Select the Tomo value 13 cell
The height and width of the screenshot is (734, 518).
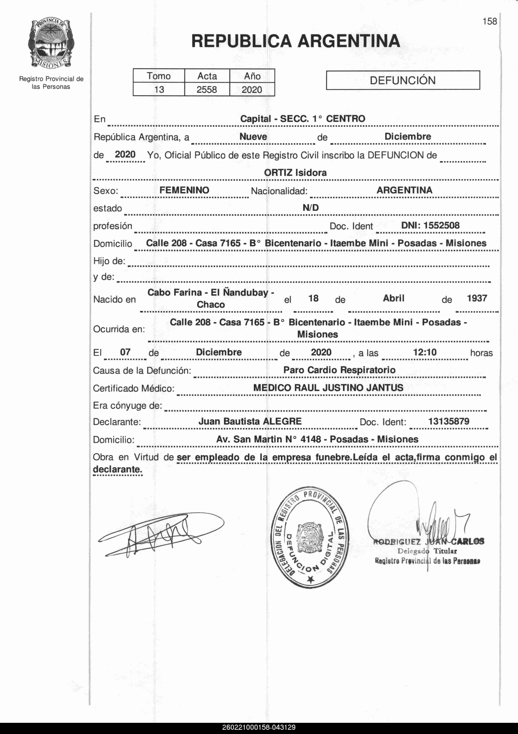pos(159,89)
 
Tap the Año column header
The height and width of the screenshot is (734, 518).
pos(252,76)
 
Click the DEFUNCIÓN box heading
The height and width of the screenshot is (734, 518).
pos(402,80)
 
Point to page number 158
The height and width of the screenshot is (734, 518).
pos(490,21)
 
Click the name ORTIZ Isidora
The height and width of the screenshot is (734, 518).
pos(295,173)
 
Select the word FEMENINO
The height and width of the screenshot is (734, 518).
pos(184,190)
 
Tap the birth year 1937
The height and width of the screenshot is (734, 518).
pos(477,298)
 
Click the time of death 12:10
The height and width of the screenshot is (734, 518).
pos(425,352)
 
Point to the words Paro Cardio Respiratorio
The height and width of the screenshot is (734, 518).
pos(339,370)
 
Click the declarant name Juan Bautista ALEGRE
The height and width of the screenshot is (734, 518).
pos(250,421)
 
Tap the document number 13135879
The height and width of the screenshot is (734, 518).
pos(449,421)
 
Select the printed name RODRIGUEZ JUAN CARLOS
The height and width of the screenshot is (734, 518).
pos(429,541)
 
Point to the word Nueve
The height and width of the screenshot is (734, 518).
pos(253,137)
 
